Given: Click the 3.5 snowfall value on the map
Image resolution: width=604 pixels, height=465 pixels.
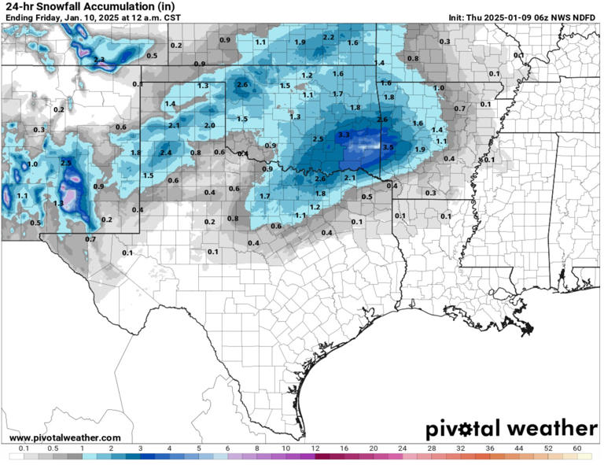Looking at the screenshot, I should (x=388, y=147).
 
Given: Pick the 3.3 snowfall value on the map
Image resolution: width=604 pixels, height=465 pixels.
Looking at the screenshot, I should (x=343, y=135).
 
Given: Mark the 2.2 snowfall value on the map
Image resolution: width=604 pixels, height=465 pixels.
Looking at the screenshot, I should (x=329, y=37).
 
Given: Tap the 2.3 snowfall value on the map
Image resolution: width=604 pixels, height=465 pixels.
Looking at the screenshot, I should (x=99, y=59).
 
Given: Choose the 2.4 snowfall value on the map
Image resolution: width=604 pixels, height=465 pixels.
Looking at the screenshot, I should (x=166, y=153).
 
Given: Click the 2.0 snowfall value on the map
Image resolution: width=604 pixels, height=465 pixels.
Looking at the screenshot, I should (x=209, y=125).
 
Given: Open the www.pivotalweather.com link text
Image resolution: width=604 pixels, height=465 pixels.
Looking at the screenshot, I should (x=65, y=437).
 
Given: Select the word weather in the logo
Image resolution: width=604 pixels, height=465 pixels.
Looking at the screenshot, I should (x=552, y=430).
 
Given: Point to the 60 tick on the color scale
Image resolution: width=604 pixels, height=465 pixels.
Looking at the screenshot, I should (x=576, y=448).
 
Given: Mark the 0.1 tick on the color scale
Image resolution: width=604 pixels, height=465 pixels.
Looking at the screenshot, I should (x=24, y=448).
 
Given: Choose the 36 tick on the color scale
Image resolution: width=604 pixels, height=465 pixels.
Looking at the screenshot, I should (x=490, y=448).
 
